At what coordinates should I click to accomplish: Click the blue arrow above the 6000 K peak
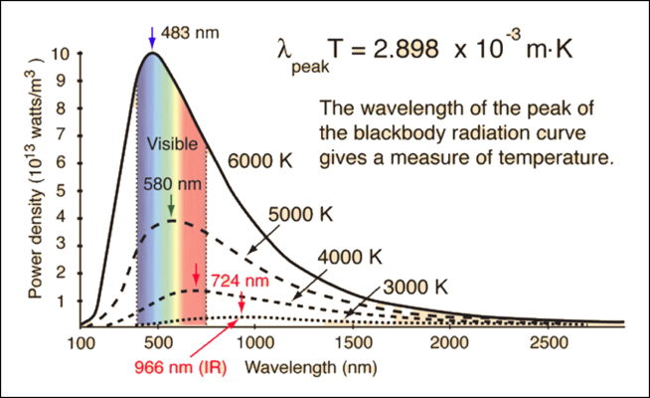(x=151, y=38)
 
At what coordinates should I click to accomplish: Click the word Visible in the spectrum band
(x=174, y=142)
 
